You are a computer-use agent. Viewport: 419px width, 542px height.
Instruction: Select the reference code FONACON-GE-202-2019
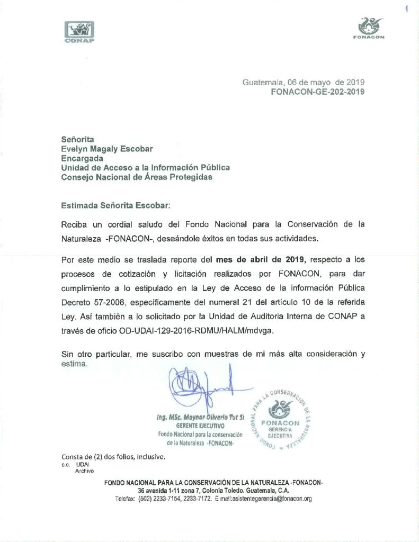click(x=318, y=91)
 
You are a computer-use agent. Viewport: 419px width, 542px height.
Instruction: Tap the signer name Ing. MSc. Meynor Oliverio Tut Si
click(x=200, y=418)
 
